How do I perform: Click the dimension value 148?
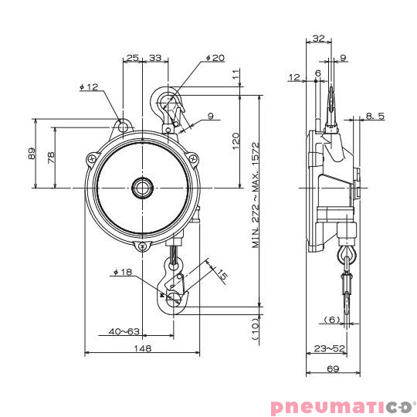[142, 348]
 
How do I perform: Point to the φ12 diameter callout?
[89, 87]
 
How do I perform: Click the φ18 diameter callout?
[124, 273]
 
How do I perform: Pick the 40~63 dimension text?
[123, 331]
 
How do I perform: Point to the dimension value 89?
[32, 153]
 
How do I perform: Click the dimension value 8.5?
[375, 115]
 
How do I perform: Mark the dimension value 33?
[155, 58]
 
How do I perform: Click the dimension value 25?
[132, 58]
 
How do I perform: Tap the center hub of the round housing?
[143, 188]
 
